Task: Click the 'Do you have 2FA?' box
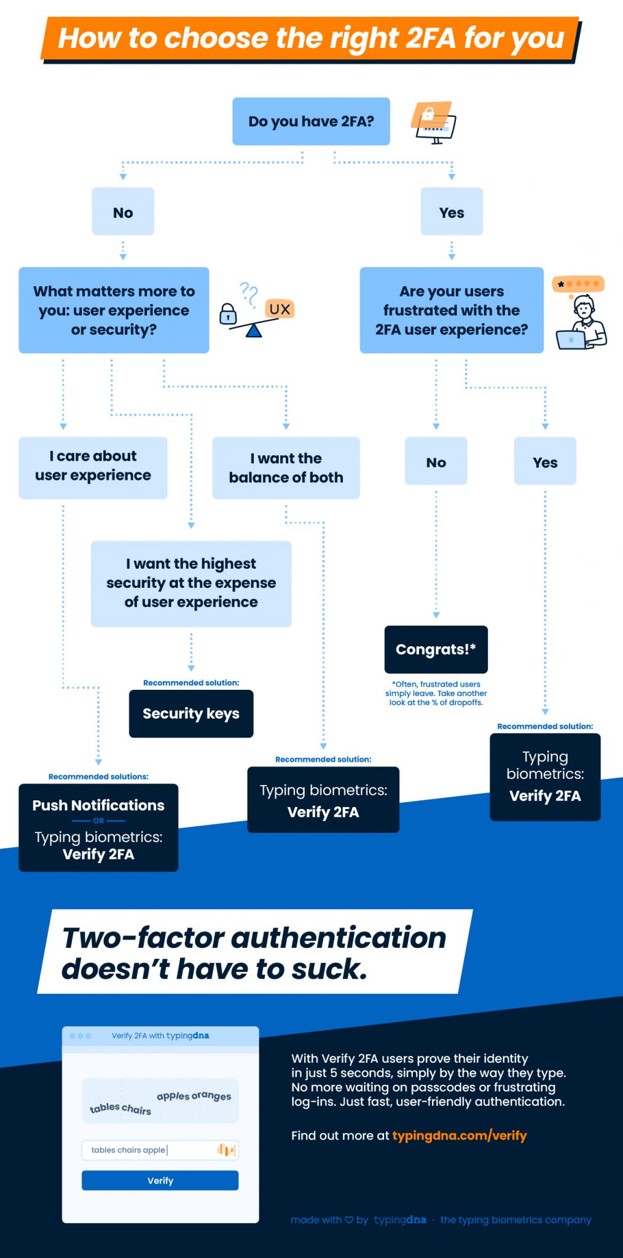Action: [311, 122]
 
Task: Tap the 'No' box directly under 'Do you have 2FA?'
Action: [123, 212]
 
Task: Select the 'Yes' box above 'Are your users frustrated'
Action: [452, 212]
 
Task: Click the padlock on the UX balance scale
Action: [228, 314]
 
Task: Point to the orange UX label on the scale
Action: [280, 309]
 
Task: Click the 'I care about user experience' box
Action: [93, 467]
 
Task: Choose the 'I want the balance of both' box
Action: [286, 468]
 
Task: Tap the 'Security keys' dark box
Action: [191, 714]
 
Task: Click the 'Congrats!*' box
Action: [436, 650]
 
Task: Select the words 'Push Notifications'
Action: [98, 805]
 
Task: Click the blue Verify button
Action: [160, 1181]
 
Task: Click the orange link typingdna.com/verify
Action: [459, 1136]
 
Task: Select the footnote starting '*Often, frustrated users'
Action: [436, 693]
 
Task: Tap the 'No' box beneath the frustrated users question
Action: [436, 462]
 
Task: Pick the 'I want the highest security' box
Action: [191, 584]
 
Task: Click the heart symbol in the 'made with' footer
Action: [349, 1220]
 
